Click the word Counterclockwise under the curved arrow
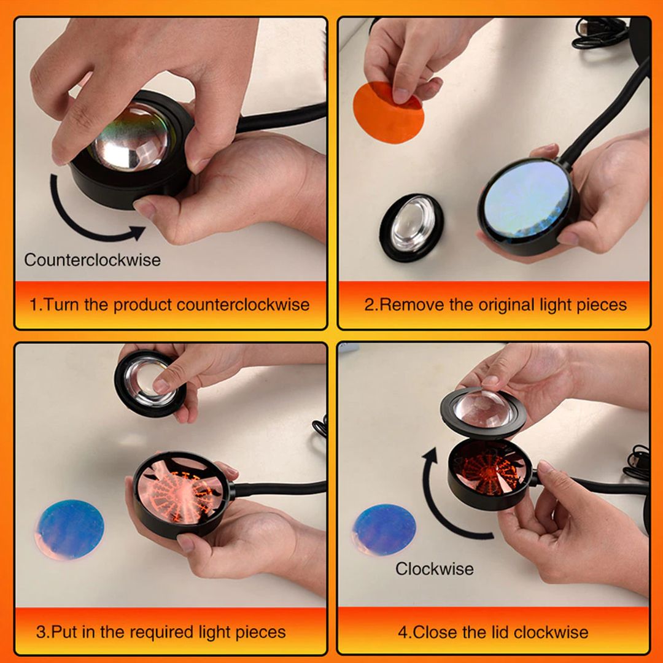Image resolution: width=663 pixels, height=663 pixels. [92, 260]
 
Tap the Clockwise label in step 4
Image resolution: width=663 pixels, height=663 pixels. [434, 568]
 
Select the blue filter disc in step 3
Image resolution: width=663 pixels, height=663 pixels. [69, 529]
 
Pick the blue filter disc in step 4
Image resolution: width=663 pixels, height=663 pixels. [385, 530]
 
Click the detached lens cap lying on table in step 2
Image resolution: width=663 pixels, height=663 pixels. [411, 227]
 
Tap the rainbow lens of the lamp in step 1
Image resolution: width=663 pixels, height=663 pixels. [130, 138]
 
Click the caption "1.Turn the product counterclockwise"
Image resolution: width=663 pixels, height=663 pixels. [169, 304]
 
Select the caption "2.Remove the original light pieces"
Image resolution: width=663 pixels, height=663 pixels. [495, 304]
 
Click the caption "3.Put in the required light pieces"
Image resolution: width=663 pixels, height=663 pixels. [161, 632]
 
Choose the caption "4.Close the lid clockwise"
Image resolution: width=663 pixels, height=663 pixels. [493, 632]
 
